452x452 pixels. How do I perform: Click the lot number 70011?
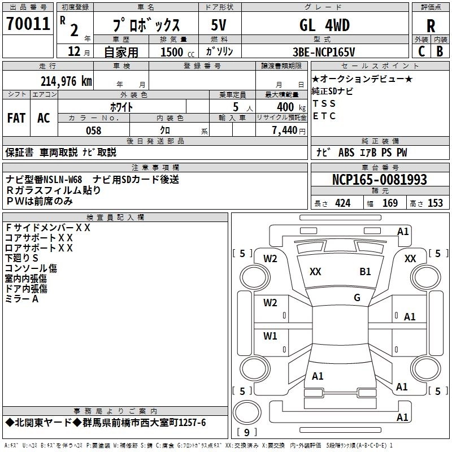tap(28, 24)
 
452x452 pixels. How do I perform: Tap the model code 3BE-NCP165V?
tap(324, 52)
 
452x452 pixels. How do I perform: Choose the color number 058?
tap(93, 131)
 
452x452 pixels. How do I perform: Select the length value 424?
tap(342, 203)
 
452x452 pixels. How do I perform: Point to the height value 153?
tap(435, 203)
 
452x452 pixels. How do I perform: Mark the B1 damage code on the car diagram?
tap(365, 272)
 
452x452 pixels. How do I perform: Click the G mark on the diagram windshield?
tap(357, 298)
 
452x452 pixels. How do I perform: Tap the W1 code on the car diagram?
tap(271, 336)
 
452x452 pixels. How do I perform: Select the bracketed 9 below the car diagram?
tap(246, 433)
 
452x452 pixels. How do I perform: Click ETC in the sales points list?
tap(324, 116)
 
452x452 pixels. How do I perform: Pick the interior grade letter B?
tap(440, 51)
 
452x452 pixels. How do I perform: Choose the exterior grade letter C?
tap(421, 51)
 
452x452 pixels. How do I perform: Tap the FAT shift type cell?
tap(16, 118)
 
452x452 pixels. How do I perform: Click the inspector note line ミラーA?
tap(22, 299)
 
